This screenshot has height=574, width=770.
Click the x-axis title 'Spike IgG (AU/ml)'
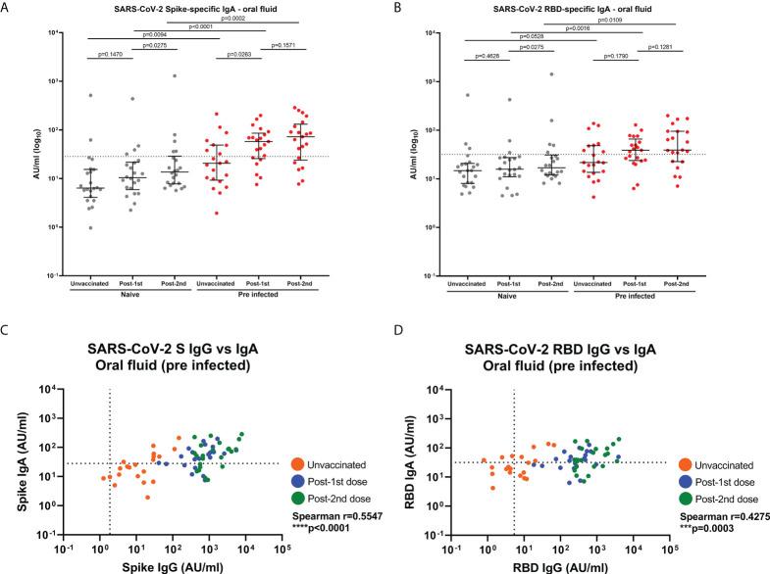pyautogui.click(x=173, y=564)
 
